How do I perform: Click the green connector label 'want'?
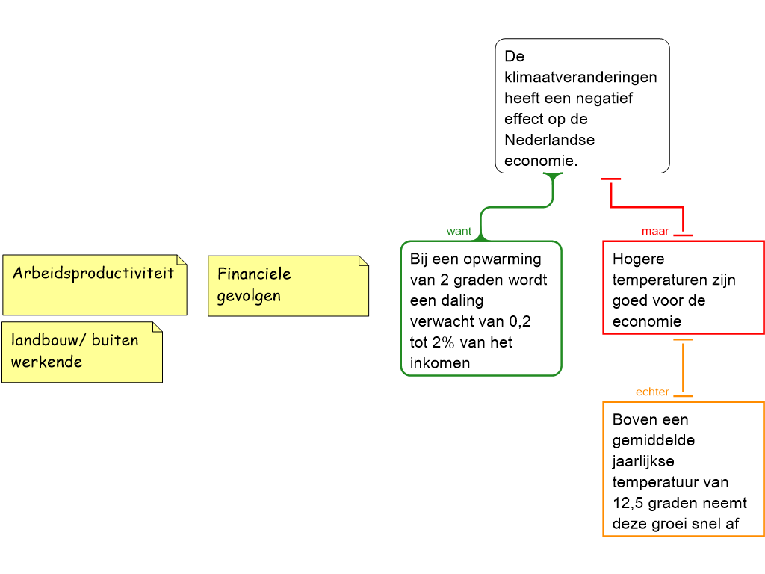click(x=459, y=232)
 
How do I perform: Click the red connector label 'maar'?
click(x=654, y=232)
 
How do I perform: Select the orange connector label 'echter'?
click(x=651, y=392)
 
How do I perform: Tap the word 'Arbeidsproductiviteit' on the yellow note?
click(x=93, y=274)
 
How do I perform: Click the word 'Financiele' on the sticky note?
click(x=254, y=274)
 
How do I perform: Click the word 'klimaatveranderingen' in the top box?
click(x=580, y=77)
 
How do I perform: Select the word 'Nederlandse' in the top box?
click(x=549, y=140)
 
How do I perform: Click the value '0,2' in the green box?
click(x=520, y=322)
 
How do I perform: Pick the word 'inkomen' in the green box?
click(x=439, y=363)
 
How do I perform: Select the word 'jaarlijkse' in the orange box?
click(x=643, y=462)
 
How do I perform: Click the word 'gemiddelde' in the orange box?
click(x=653, y=442)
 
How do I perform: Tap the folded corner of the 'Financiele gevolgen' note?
click(x=364, y=261)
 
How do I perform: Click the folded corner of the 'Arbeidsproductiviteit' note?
click(x=182, y=259)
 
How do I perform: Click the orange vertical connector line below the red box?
click(x=683, y=367)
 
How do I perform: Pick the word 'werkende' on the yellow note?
click(x=46, y=362)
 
